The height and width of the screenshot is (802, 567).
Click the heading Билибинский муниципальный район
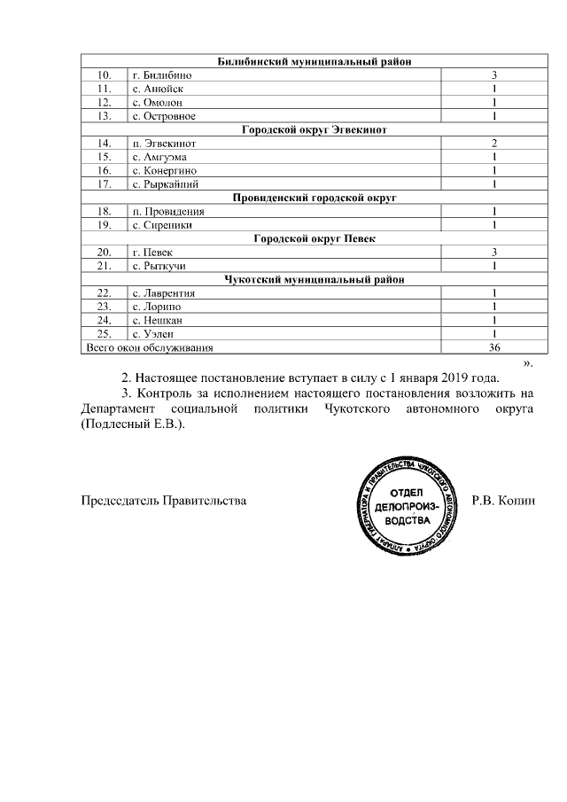coord(315,61)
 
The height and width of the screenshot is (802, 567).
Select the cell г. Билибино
coord(162,75)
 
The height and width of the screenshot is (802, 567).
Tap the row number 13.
coord(105,116)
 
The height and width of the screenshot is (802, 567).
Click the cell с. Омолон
coord(157,103)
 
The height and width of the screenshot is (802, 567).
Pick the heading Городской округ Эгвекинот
coord(315,129)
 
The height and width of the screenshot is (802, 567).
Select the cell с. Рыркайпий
coord(165,184)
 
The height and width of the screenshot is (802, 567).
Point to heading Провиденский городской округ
coord(315,198)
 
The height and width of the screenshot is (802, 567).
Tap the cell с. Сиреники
coord(162,225)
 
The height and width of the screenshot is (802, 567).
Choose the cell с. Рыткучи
coord(159,266)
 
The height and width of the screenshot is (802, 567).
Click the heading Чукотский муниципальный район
coord(315,279)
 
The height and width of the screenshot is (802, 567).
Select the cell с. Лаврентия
coord(163,293)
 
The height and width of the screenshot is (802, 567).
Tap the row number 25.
coord(105,334)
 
